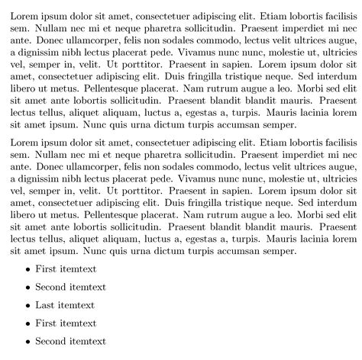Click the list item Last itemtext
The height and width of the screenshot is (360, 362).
[65, 305]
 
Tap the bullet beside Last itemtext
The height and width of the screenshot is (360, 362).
[28, 306]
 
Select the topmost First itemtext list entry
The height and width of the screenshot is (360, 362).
[66, 269]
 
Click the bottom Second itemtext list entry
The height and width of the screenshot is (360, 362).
[70, 341]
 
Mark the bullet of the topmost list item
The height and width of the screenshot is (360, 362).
[28, 270]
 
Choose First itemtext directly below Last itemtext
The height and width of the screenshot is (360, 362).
[66, 323]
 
